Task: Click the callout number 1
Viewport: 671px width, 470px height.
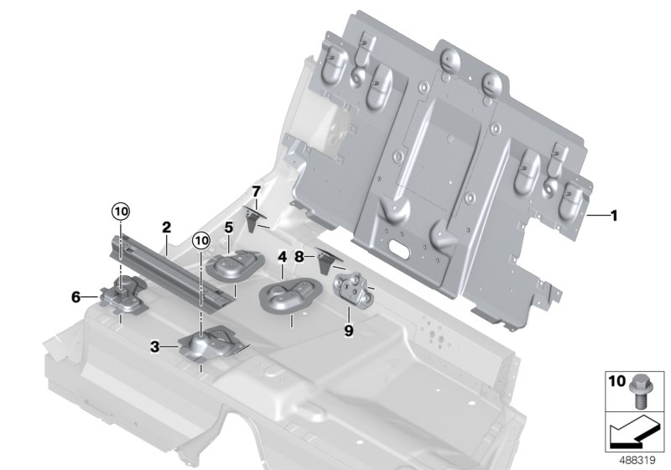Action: pyautogui.click(x=614, y=216)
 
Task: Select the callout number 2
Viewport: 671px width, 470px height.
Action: pyautogui.click(x=166, y=227)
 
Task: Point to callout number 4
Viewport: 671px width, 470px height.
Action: pyautogui.click(x=283, y=258)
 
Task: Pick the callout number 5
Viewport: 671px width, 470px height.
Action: pyautogui.click(x=227, y=227)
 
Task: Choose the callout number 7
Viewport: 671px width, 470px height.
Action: pyautogui.click(x=257, y=193)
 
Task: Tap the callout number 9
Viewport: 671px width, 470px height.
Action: pyautogui.click(x=348, y=330)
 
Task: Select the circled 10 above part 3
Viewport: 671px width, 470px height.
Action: pyautogui.click(x=200, y=241)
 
